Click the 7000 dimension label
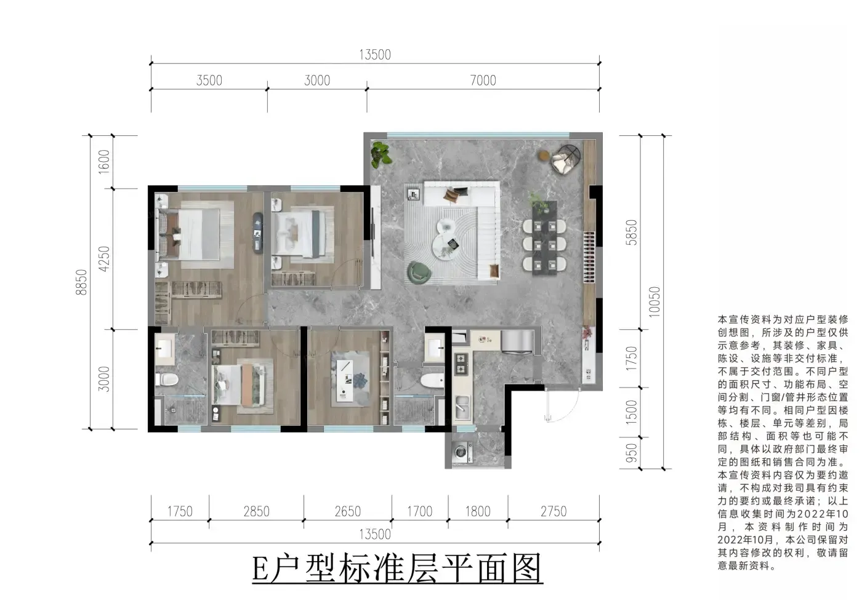click(x=483, y=81)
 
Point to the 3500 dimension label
click(x=209, y=81)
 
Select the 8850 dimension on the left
click(x=81, y=282)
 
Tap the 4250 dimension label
click(x=104, y=259)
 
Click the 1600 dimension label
click(x=104, y=161)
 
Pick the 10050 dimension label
click(x=655, y=302)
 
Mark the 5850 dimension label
click(x=632, y=233)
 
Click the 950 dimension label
click(x=632, y=453)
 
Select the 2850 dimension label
click(x=256, y=512)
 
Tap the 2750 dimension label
click(x=554, y=512)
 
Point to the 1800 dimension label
click(x=478, y=512)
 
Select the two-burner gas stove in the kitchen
click(x=461, y=364)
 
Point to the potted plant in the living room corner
click(x=381, y=154)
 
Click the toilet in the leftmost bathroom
click(x=167, y=380)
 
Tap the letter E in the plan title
click(x=260, y=570)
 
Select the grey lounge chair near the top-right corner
click(x=565, y=159)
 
